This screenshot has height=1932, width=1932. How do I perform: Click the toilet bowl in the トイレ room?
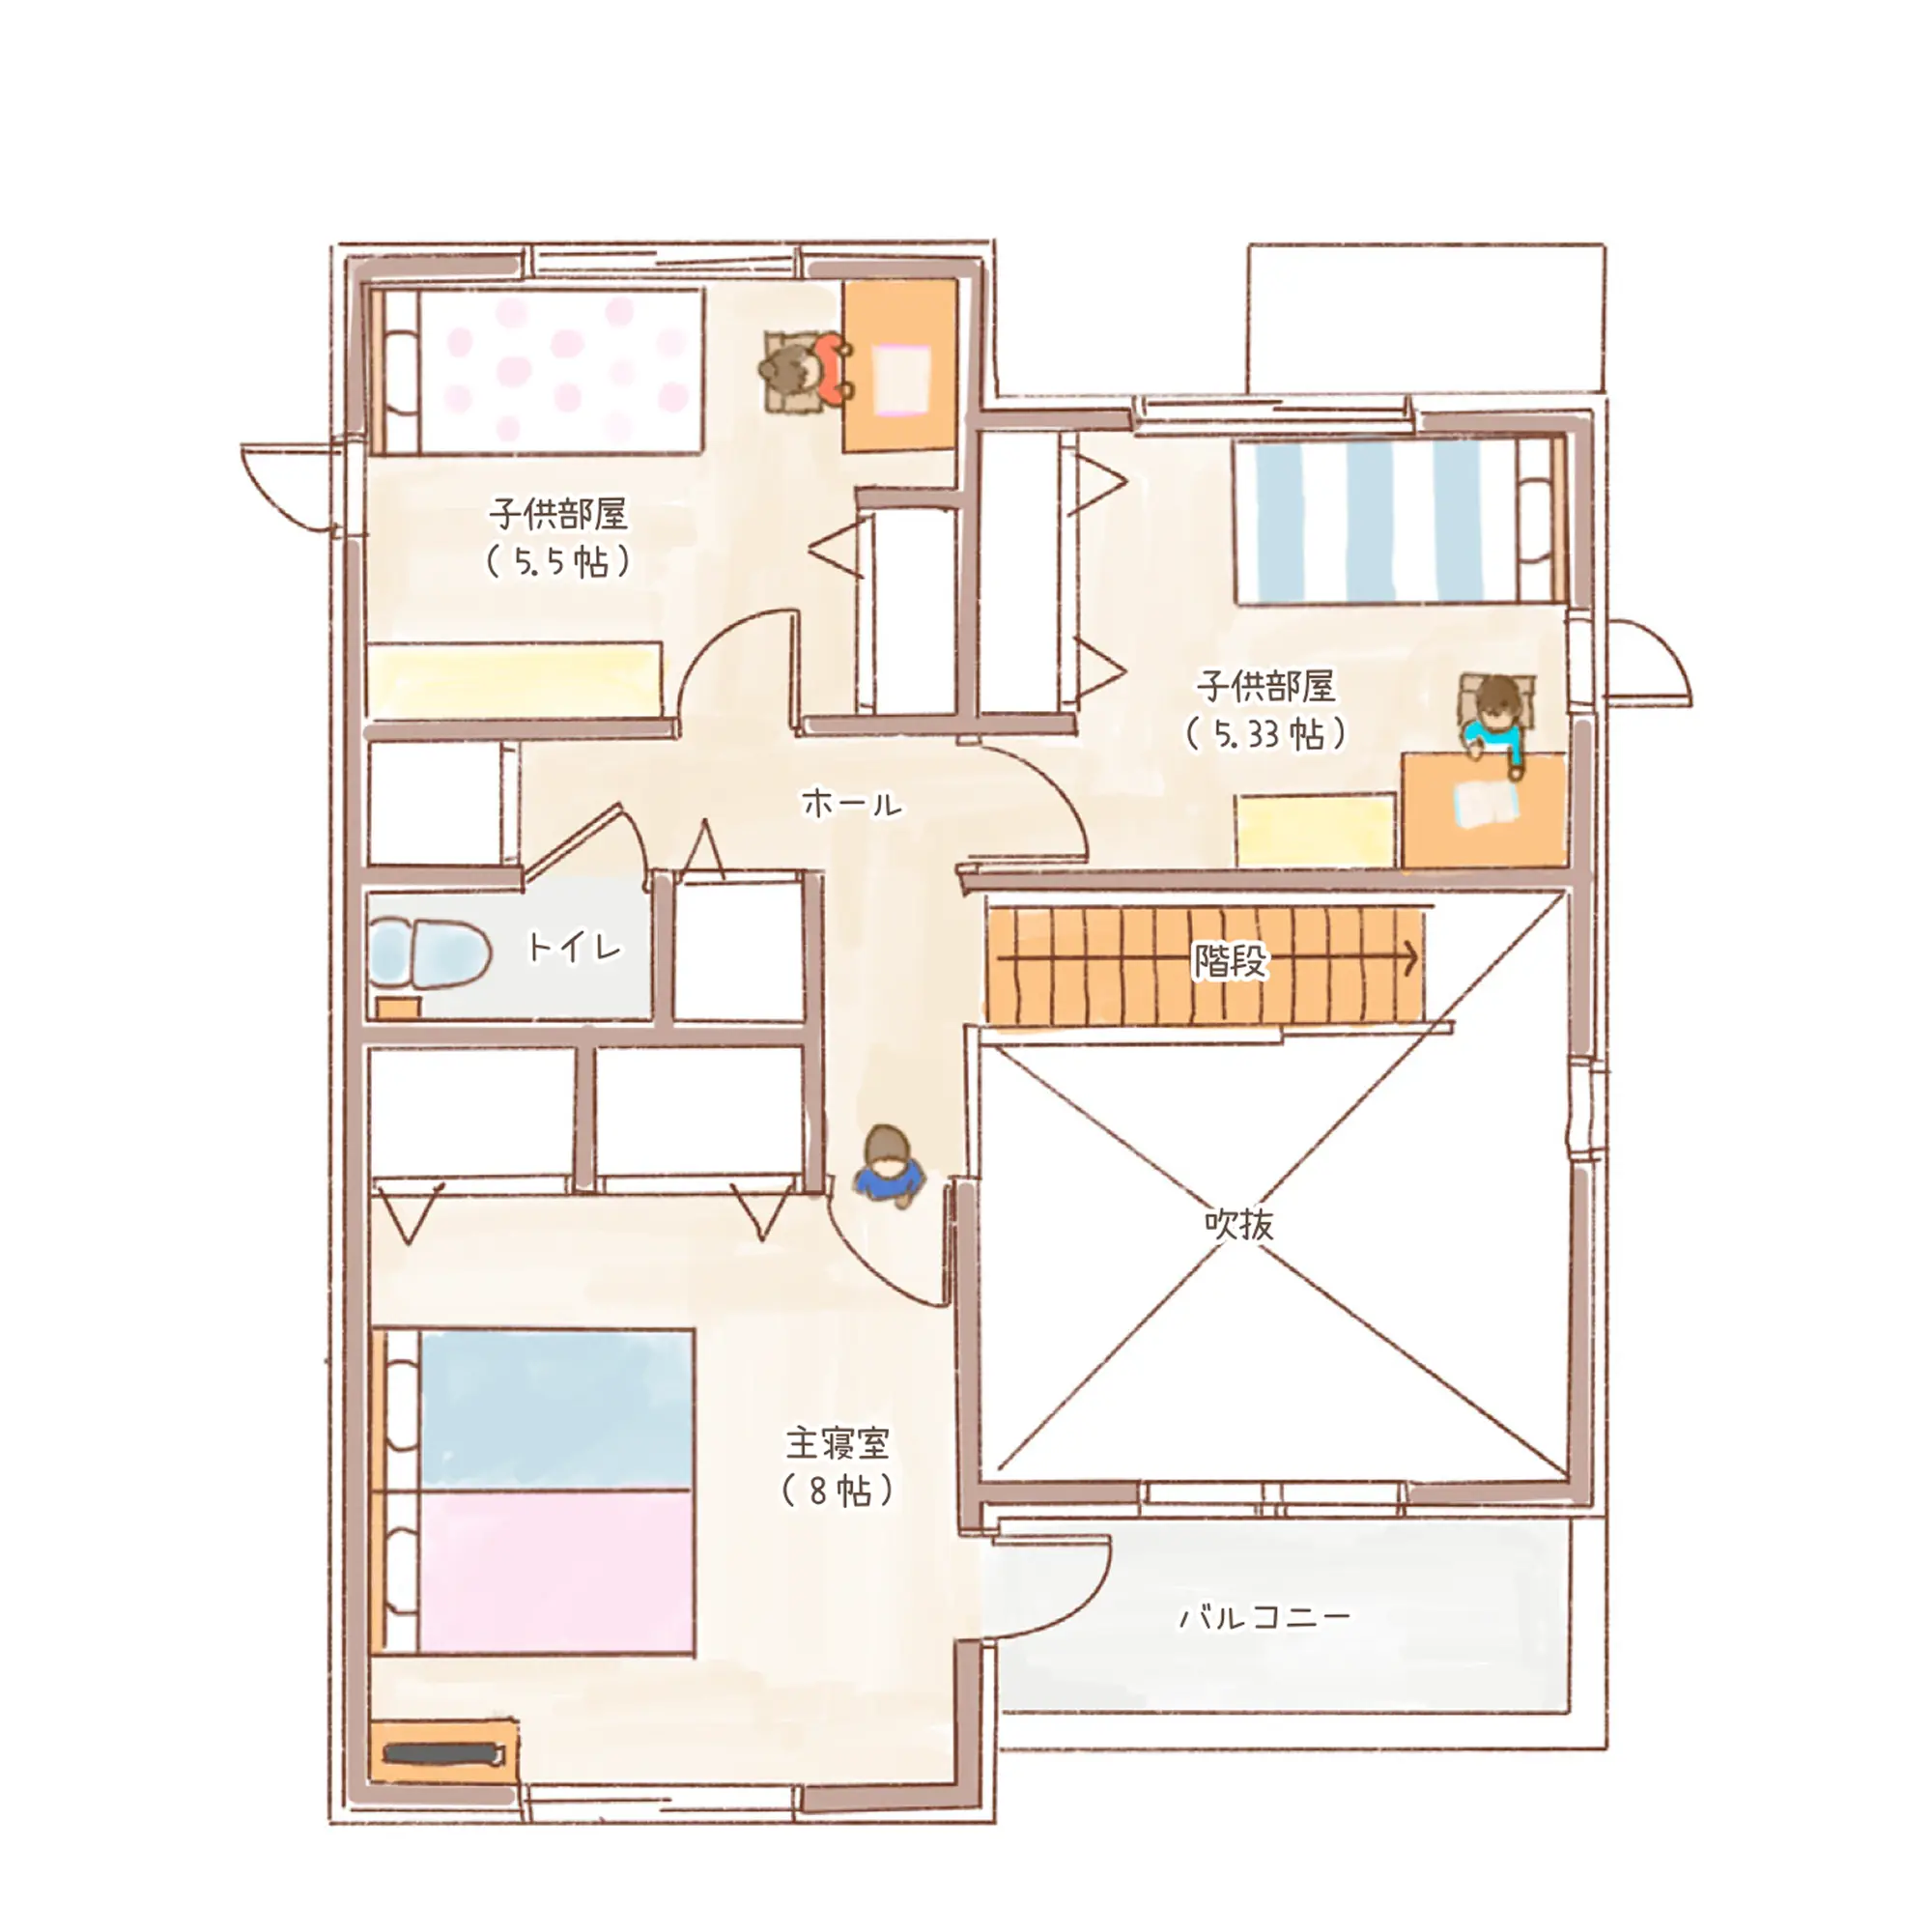(x=430, y=952)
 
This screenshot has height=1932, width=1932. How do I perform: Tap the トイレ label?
(x=574, y=947)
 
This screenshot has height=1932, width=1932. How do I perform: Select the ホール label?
(x=852, y=803)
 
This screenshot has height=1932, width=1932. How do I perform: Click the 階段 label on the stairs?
(x=1229, y=961)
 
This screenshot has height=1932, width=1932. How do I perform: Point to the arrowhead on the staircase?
(x=1410, y=958)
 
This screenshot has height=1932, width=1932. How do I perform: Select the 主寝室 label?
(x=837, y=1444)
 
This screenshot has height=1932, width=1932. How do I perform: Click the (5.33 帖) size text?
(x=1266, y=735)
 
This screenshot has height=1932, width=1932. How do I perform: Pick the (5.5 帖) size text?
(x=558, y=562)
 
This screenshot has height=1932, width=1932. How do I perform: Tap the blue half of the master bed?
(x=556, y=1411)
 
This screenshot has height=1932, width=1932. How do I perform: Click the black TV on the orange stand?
(x=442, y=1754)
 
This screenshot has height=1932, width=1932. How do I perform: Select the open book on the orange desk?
(x=1486, y=803)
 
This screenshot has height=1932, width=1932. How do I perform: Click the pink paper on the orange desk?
(x=902, y=379)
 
